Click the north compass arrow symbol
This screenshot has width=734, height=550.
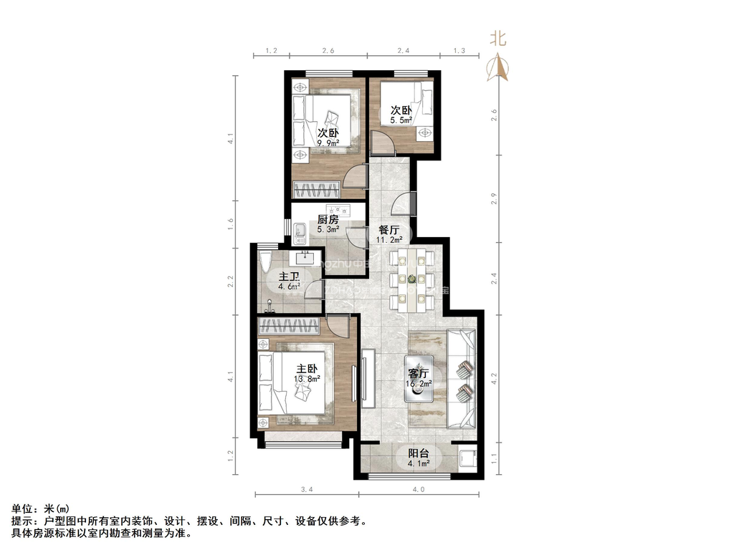click(x=498, y=68)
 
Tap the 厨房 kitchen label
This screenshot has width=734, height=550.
click(x=328, y=220)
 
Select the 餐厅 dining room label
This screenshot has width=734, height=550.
click(x=389, y=230)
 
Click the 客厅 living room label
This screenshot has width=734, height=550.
click(x=419, y=373)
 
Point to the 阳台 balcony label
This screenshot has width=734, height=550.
click(x=419, y=453)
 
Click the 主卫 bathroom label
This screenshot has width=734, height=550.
click(x=289, y=276)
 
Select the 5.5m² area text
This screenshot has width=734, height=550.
click(x=401, y=120)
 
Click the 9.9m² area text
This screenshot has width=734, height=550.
click(x=328, y=143)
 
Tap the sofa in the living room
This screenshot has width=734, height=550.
click(x=462, y=380)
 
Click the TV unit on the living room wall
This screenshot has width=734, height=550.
click(x=368, y=377)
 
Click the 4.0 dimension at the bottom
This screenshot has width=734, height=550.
click(x=419, y=490)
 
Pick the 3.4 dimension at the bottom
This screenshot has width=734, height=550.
click(x=307, y=490)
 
